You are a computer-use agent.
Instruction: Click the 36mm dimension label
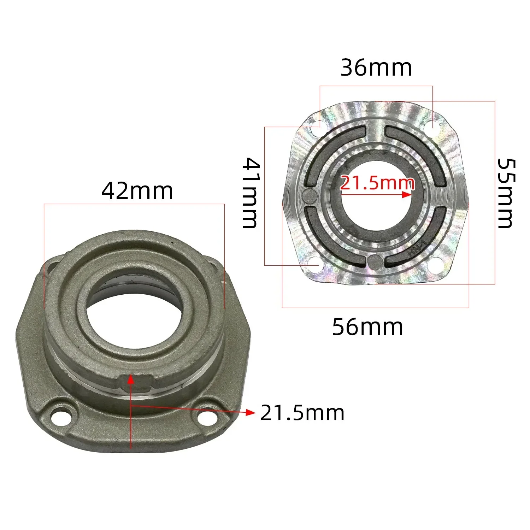[x=376, y=68]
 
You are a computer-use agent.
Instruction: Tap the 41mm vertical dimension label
[x=251, y=193]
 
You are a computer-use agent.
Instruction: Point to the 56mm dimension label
[x=367, y=327]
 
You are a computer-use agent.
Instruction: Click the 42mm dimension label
[x=137, y=191]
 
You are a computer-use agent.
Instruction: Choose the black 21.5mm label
[x=302, y=413]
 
